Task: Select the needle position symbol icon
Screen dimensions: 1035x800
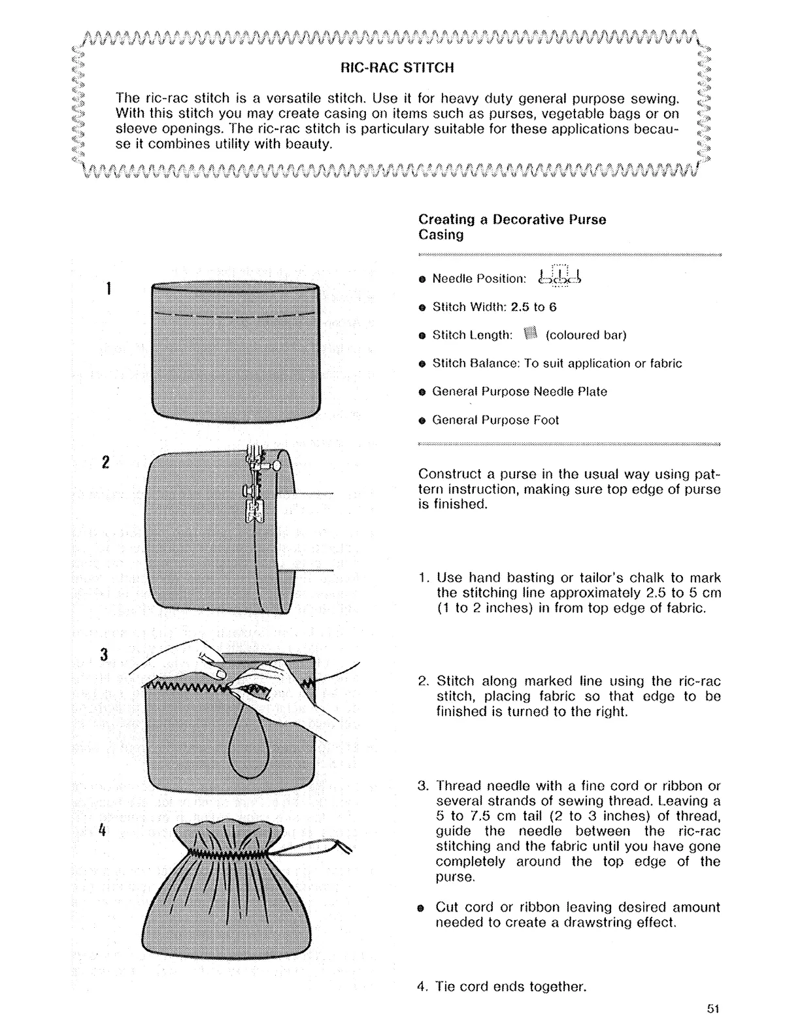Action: pyautogui.click(x=559, y=276)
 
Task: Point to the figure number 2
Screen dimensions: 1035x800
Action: pyautogui.click(x=106, y=462)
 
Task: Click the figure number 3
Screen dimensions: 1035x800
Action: pyautogui.click(x=105, y=654)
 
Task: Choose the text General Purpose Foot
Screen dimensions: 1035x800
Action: pyautogui.click(x=495, y=420)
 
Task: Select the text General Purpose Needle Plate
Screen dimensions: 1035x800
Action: pyautogui.click(x=520, y=391)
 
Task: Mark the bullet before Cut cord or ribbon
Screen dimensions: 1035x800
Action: pyautogui.click(x=422, y=908)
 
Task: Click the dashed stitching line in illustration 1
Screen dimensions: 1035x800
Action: pyautogui.click(x=235, y=315)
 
